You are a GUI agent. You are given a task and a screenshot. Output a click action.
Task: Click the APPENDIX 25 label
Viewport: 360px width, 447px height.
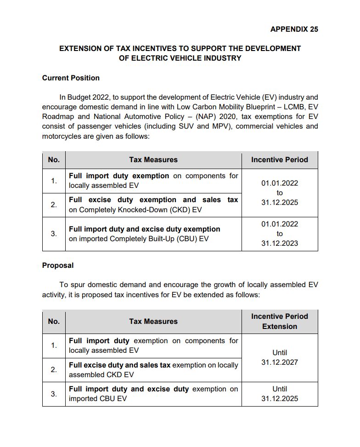(x=294, y=29)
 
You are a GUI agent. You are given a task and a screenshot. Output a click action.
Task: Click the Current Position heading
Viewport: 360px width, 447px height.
(x=71, y=78)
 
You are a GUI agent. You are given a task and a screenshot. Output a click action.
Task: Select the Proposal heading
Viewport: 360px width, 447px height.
(x=58, y=265)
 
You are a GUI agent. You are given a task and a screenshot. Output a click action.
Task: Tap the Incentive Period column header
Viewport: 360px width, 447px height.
(x=279, y=160)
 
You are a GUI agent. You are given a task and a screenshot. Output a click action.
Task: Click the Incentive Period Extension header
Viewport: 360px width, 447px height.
(x=279, y=321)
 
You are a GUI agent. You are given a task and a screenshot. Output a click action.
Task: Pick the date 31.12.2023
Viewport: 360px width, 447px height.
(x=279, y=243)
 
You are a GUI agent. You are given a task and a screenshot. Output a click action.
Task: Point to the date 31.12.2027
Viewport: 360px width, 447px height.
(x=279, y=362)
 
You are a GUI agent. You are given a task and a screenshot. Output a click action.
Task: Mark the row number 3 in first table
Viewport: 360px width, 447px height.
(x=54, y=234)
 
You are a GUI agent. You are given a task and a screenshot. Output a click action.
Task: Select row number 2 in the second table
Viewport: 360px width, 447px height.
(x=54, y=370)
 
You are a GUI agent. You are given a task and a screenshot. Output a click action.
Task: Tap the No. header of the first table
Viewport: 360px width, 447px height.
(x=54, y=160)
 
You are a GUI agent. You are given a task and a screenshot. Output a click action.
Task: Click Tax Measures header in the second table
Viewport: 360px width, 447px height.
(x=153, y=322)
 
